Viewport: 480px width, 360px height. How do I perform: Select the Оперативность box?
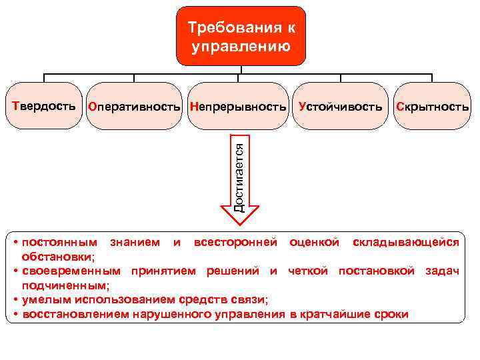135,106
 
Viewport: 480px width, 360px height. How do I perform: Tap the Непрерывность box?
238,106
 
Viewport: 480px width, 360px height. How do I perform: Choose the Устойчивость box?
341,106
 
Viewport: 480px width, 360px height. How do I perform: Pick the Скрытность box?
432,106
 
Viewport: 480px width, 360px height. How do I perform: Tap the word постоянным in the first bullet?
59,242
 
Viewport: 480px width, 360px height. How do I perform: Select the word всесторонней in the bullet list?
235,242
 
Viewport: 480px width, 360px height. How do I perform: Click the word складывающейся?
405,242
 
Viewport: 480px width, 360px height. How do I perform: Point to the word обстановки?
57,256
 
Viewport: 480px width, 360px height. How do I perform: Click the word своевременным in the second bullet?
72,271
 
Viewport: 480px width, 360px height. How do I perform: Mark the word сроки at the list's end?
391,314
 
